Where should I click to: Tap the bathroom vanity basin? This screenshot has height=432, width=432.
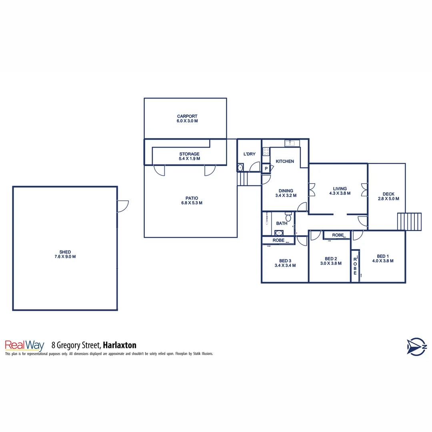[x=279, y=233]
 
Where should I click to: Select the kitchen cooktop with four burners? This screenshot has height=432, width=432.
[x=266, y=152]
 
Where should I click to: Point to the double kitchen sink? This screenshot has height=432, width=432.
[x=290, y=143]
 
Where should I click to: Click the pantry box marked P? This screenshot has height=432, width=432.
[x=266, y=169]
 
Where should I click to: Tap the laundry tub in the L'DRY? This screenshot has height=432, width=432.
[x=240, y=168]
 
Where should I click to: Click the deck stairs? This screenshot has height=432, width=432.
[x=409, y=222]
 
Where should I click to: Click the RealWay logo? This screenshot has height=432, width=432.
[x=24, y=345]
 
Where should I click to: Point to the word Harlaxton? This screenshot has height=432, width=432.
[x=120, y=345]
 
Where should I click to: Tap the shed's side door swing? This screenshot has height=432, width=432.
[x=122, y=206]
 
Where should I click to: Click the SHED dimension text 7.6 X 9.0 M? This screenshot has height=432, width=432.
[x=65, y=257]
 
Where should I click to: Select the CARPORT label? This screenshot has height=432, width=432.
[x=187, y=116]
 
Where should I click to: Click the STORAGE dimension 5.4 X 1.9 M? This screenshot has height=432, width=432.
[x=189, y=159]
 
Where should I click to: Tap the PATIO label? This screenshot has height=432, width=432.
[x=192, y=198]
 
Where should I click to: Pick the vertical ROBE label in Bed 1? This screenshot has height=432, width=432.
[x=355, y=266]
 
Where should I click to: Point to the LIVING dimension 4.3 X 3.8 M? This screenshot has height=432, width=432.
[x=340, y=193]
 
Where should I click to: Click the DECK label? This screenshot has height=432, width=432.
[x=388, y=194]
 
